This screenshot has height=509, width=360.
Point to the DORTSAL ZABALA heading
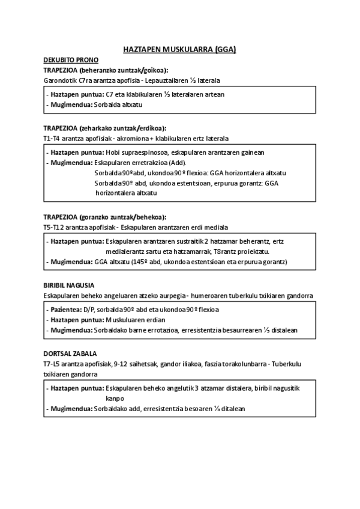(x=70, y=354)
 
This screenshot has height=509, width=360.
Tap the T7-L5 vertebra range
(x=53, y=364)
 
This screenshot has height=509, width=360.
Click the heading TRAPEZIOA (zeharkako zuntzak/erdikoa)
(x=105, y=128)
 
